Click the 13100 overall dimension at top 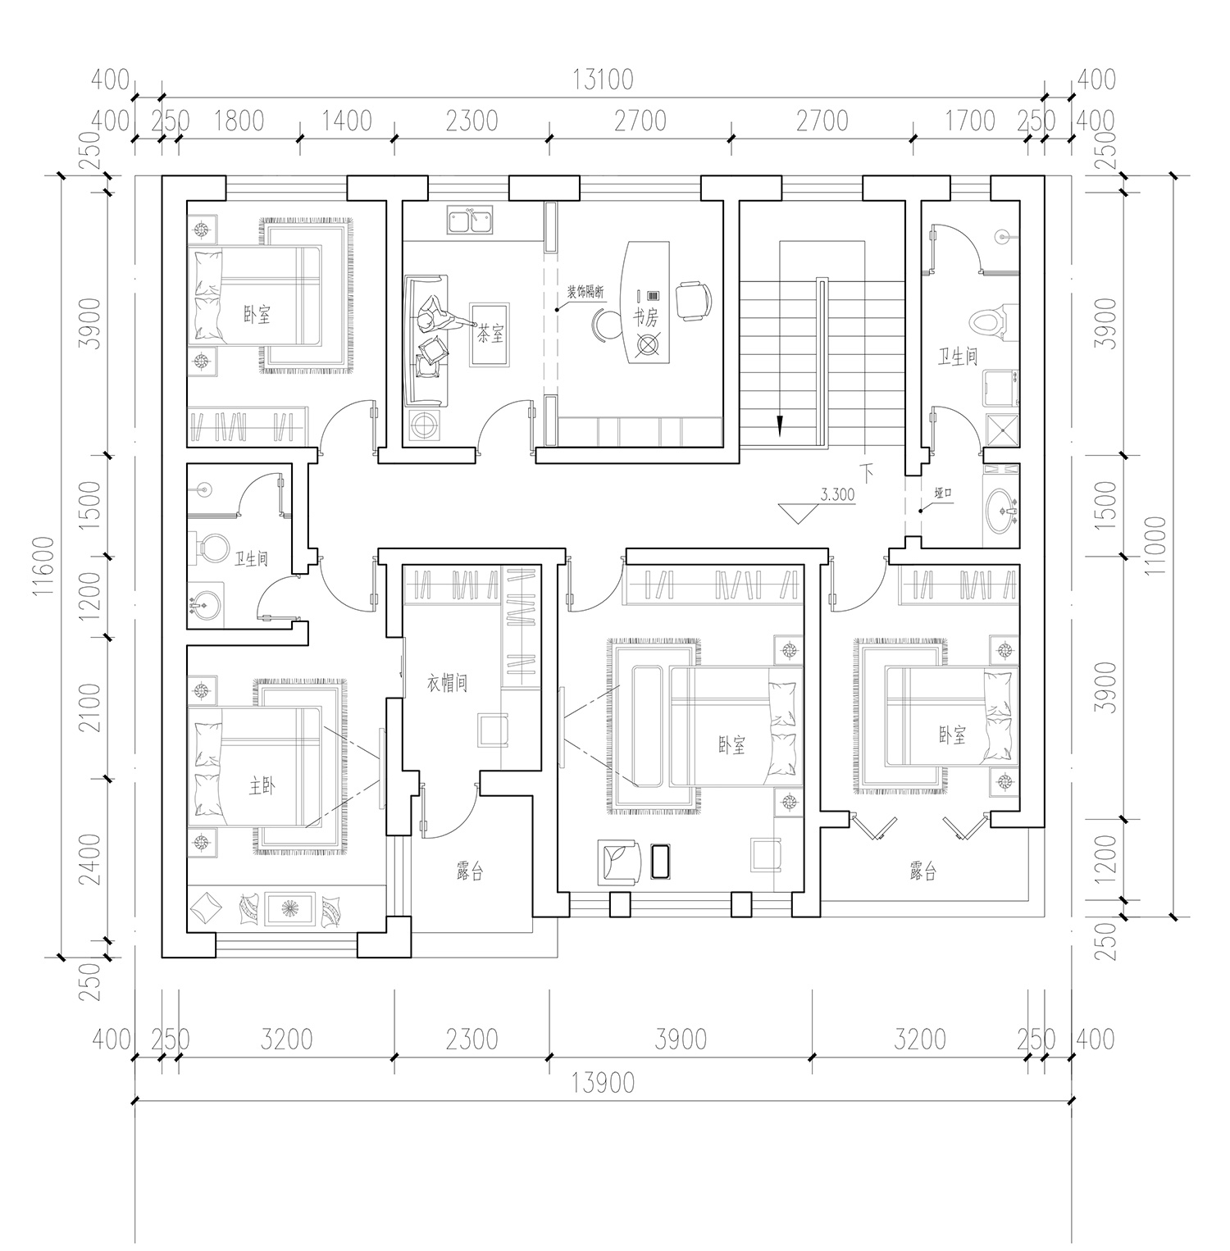click(x=603, y=80)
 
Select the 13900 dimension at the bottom click(x=603, y=1083)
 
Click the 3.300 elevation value click(x=837, y=494)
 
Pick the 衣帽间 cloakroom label click(x=447, y=683)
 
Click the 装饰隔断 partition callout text click(x=585, y=293)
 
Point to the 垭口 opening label click(x=941, y=494)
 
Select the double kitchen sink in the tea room click(x=471, y=220)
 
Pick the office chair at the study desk click(x=694, y=300)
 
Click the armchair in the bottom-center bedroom click(x=620, y=862)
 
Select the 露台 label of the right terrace click(x=922, y=871)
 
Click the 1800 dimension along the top click(x=238, y=121)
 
